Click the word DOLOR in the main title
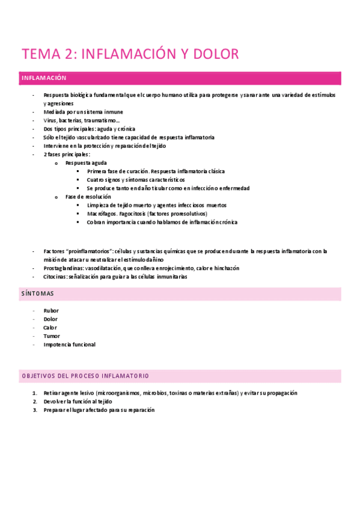216,54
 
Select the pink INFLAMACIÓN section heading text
43,78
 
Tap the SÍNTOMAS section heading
37,293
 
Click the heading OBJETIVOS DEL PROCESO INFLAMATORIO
85,375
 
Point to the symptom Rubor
51,311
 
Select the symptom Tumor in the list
52,336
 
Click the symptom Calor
50,328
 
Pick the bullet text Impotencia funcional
69,345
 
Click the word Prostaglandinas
63,268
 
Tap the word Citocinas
56,277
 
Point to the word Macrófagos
102,214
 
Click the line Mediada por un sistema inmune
83,112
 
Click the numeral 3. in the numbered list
35,410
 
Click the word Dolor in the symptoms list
51,319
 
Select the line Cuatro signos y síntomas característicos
135,180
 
